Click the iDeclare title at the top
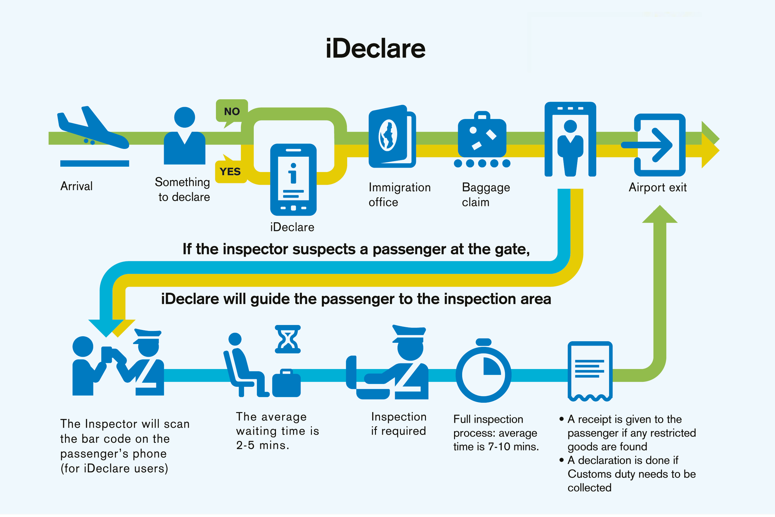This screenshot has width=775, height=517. pos(375,48)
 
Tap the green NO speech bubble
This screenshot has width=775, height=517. pos(232,111)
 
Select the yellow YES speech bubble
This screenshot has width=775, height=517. pos(230,171)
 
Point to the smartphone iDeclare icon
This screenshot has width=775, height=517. pos(293,180)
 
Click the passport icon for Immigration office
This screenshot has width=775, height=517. pos(392,136)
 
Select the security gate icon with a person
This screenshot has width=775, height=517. pos(570,140)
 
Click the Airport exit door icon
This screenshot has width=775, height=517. pos(659,145)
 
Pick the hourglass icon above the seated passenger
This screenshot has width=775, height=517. pos(288,339)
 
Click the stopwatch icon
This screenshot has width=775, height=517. pos(483,372)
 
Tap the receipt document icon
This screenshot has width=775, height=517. pos(590,371)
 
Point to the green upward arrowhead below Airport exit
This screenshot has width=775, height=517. pos(659,214)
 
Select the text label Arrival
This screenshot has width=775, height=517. pos(76,186)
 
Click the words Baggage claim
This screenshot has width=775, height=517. pos(486,194)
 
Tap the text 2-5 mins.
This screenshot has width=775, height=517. pos(263,446)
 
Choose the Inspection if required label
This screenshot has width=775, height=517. pos(399,424)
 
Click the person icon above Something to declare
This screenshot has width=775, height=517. pos(184,135)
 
